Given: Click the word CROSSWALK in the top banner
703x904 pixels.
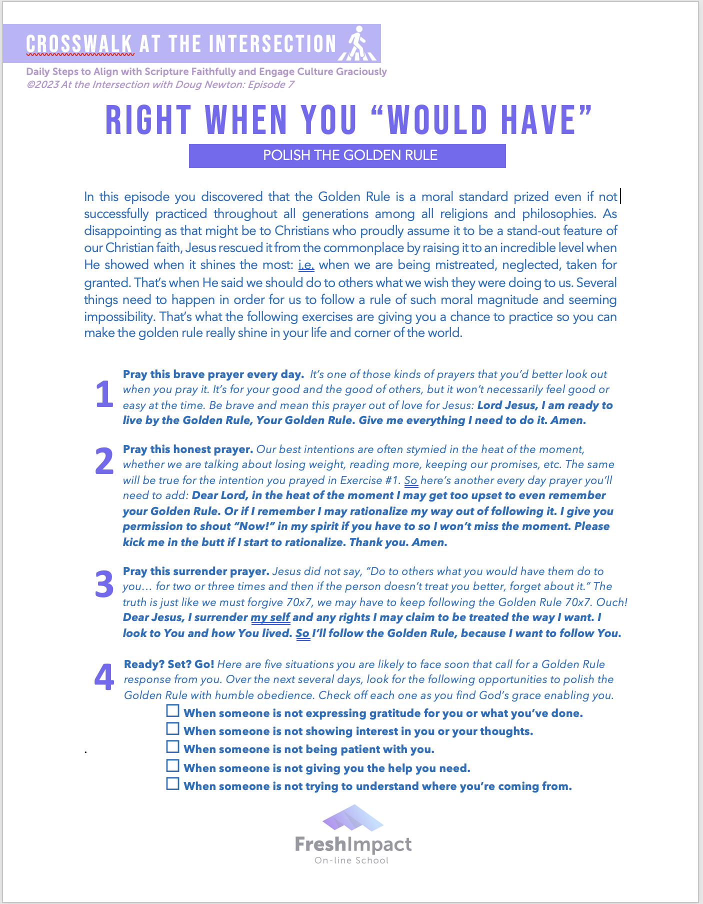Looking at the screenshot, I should [79, 44].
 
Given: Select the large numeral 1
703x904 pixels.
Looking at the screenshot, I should [104, 395].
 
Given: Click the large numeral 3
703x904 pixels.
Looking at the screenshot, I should [104, 584].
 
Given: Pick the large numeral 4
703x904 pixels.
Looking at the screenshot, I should [104, 678].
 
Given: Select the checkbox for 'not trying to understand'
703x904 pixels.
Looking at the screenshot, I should [172, 783].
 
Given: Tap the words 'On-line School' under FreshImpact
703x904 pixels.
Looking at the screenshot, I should [351, 860].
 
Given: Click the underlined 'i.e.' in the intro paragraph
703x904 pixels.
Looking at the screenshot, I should [306, 265].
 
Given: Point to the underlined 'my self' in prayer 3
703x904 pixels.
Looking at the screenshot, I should [270, 617].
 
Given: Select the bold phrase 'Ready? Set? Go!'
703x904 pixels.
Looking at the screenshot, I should [169, 664].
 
